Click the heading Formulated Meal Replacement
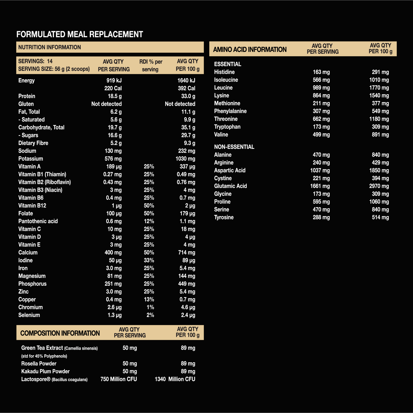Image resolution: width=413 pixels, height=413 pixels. (x=80, y=35)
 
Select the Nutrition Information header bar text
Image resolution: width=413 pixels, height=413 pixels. (x=49, y=47)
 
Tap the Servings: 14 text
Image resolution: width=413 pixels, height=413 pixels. (x=35, y=61)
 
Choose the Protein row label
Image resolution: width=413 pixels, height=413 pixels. (x=27, y=96)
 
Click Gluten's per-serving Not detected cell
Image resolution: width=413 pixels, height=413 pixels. (x=106, y=104)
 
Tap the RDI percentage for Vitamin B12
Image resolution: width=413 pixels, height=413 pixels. (x=149, y=206)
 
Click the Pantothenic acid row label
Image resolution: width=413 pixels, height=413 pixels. (x=38, y=221)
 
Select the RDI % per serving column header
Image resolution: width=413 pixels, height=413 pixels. (x=151, y=65)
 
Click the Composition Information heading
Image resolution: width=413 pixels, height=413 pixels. (x=60, y=333)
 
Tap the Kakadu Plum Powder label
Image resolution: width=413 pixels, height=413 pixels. (x=45, y=372)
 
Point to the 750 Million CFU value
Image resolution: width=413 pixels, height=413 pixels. (x=119, y=379)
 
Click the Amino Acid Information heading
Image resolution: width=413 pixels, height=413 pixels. (x=250, y=50)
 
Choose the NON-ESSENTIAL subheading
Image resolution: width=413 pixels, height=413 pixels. (x=234, y=147)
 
